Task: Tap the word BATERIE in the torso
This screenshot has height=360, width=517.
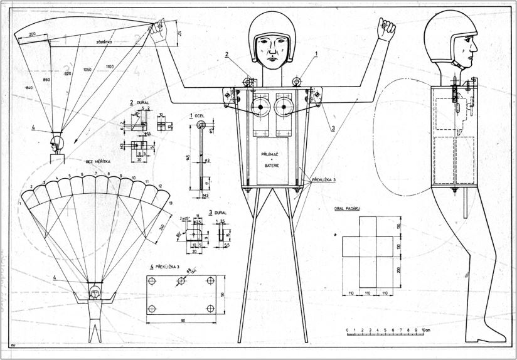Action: pyautogui.click(x=272, y=164)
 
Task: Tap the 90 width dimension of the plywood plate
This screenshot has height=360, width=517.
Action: pyautogui.click(x=184, y=322)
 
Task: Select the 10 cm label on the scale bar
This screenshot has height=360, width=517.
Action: pyautogui.click(x=427, y=330)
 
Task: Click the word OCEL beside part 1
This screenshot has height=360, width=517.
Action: pyautogui.click(x=201, y=115)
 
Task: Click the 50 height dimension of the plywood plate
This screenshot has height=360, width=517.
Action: pyautogui.click(x=231, y=295)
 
